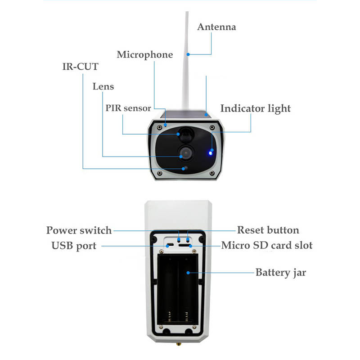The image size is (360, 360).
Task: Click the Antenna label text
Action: click(216, 27)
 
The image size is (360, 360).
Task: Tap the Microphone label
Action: click(144, 55)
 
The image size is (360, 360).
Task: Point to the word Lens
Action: click(103, 86)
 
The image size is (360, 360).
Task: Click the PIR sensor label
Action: click(128, 108)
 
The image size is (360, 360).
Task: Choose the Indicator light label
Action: click(255, 108)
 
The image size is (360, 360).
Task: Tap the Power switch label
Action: click(79, 230)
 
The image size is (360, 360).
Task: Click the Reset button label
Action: click(268, 230)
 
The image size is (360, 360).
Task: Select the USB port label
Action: click(73, 246)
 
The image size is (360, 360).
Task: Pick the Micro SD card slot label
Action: click(267, 246)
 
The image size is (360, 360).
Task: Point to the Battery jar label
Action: click(281, 273)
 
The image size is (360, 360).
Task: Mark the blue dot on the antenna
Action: click(189, 54)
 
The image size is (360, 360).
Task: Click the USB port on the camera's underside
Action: click(171, 246)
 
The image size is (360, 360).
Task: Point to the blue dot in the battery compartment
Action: click(187, 273)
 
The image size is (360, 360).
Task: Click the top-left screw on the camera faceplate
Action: click(160, 128)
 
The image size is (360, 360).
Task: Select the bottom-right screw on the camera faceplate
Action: click(210, 173)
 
